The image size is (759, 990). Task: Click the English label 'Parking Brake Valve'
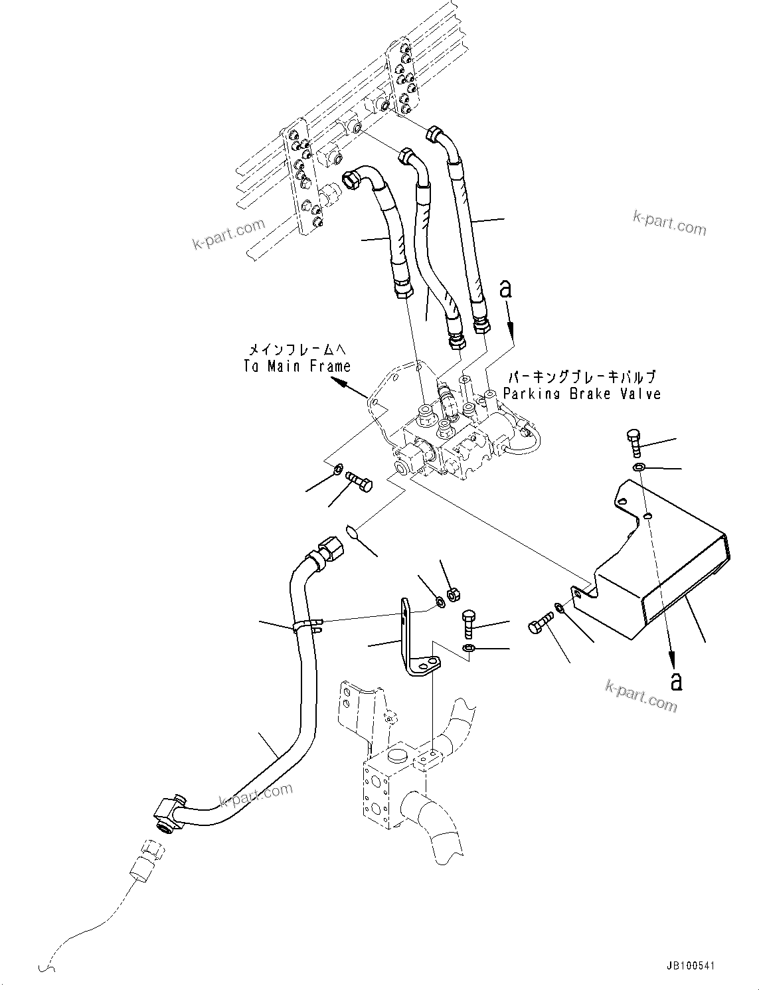coord(582,394)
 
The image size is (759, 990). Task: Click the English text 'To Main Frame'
coord(296,366)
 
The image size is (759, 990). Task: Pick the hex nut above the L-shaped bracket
coord(452,593)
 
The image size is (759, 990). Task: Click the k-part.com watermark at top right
coord(669,224)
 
